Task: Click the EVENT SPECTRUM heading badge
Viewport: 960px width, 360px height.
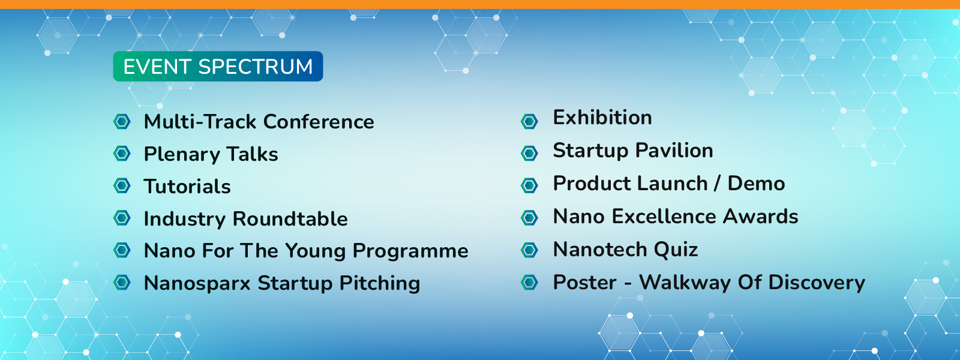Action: [x=218, y=67]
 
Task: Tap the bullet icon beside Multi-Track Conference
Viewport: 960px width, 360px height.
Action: [x=122, y=121]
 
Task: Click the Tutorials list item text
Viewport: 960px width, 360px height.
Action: [x=187, y=187]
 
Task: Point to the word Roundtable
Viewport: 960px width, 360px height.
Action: [x=290, y=218]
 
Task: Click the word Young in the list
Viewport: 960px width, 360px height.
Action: [x=316, y=251]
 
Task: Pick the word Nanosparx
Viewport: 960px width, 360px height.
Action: [x=197, y=283]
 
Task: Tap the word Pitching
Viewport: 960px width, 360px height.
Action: [x=380, y=283]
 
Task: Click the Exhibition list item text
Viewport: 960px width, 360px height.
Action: [x=602, y=118]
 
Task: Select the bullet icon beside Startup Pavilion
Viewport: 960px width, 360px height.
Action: [x=529, y=153]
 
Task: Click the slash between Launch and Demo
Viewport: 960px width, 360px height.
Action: [x=718, y=184]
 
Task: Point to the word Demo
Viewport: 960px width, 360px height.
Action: [x=757, y=184]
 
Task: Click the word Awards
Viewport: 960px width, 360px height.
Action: [x=761, y=217]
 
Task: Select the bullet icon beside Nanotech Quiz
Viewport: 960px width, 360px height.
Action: [x=529, y=250]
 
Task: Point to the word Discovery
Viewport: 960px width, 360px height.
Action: [x=817, y=283]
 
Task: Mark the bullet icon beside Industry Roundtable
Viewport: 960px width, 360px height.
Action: [x=122, y=218]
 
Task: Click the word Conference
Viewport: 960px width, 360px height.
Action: [x=319, y=122]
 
